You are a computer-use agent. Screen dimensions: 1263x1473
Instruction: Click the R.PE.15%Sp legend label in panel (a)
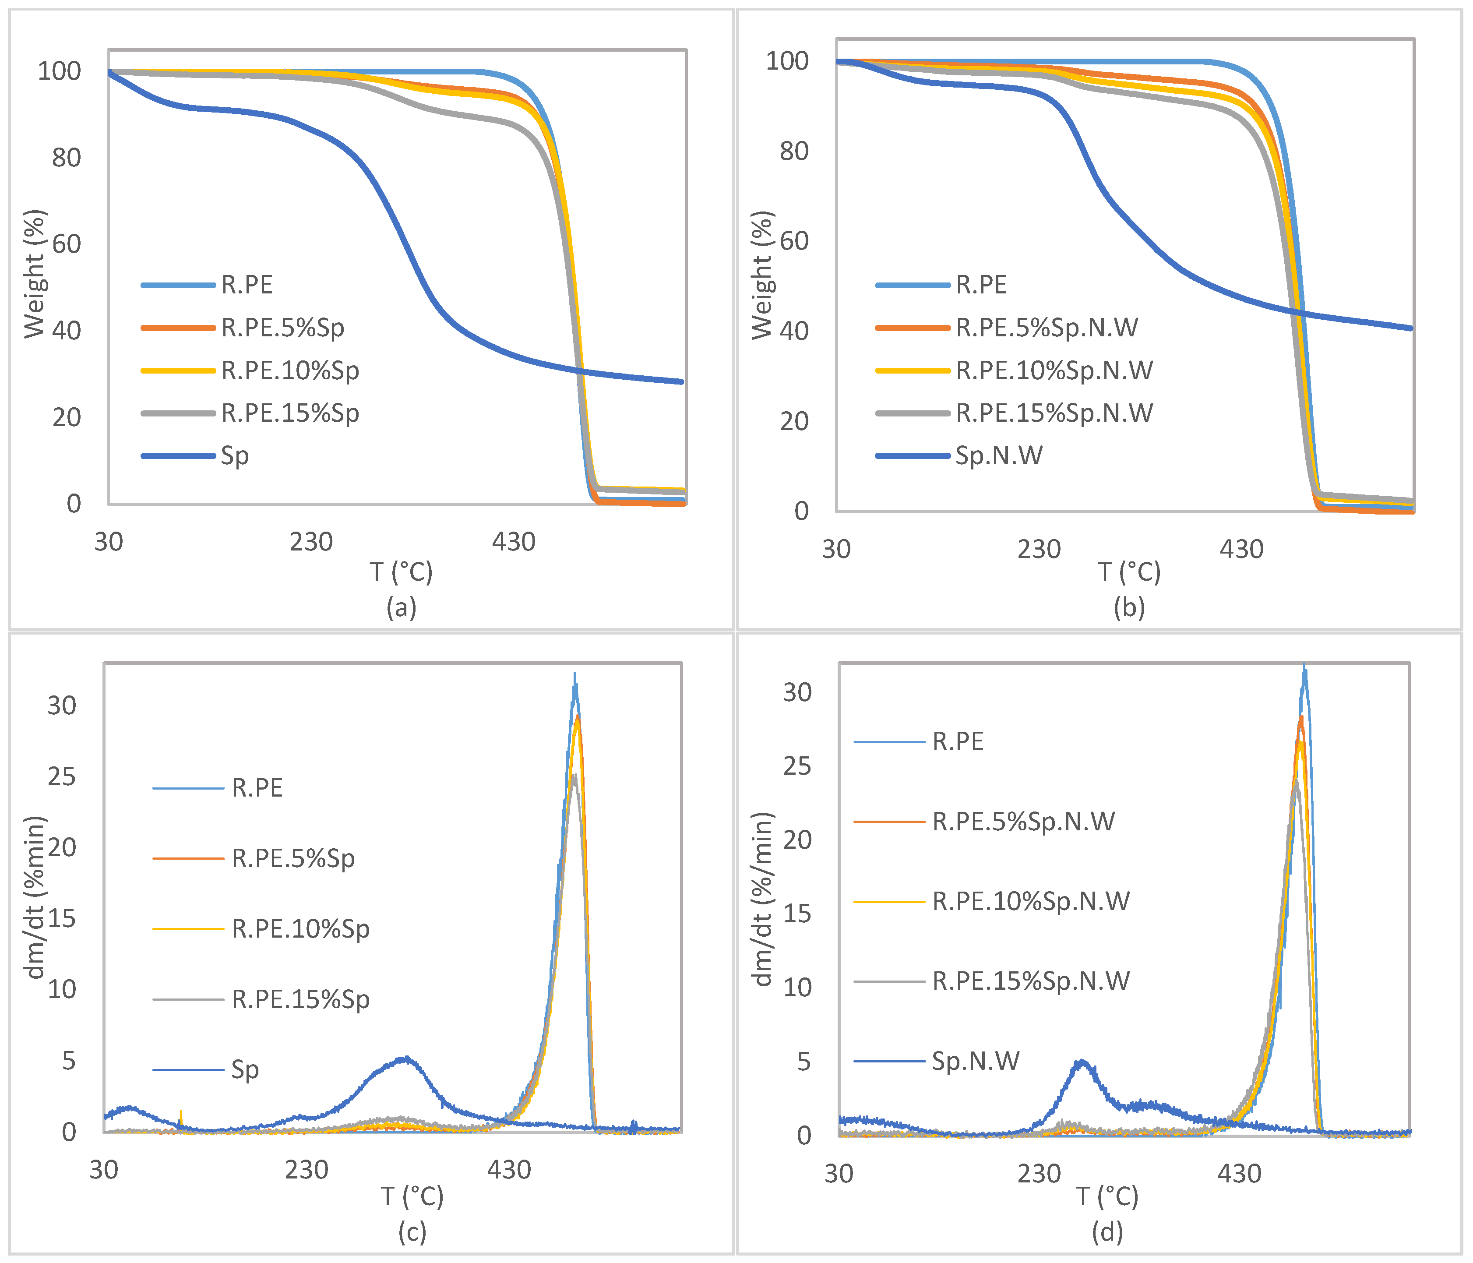coord(290,413)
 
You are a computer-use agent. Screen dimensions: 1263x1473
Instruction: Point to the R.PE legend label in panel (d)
coord(958,742)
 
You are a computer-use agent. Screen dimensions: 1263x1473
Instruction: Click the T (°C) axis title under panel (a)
coord(401,571)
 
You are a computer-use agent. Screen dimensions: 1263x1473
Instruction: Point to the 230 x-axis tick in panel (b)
coord(1039,549)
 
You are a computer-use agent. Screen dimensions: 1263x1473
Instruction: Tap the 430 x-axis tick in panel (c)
coord(509,1170)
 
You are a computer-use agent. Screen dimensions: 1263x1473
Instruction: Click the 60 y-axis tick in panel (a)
coord(66,244)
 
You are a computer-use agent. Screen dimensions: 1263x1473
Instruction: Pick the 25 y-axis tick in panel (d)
coord(797,766)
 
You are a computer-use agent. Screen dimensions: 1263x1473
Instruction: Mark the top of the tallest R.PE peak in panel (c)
coord(574,674)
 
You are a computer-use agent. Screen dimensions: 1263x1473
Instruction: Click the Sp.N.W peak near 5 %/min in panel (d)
coord(1081,1062)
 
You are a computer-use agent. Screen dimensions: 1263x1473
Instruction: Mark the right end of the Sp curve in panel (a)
coord(682,382)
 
